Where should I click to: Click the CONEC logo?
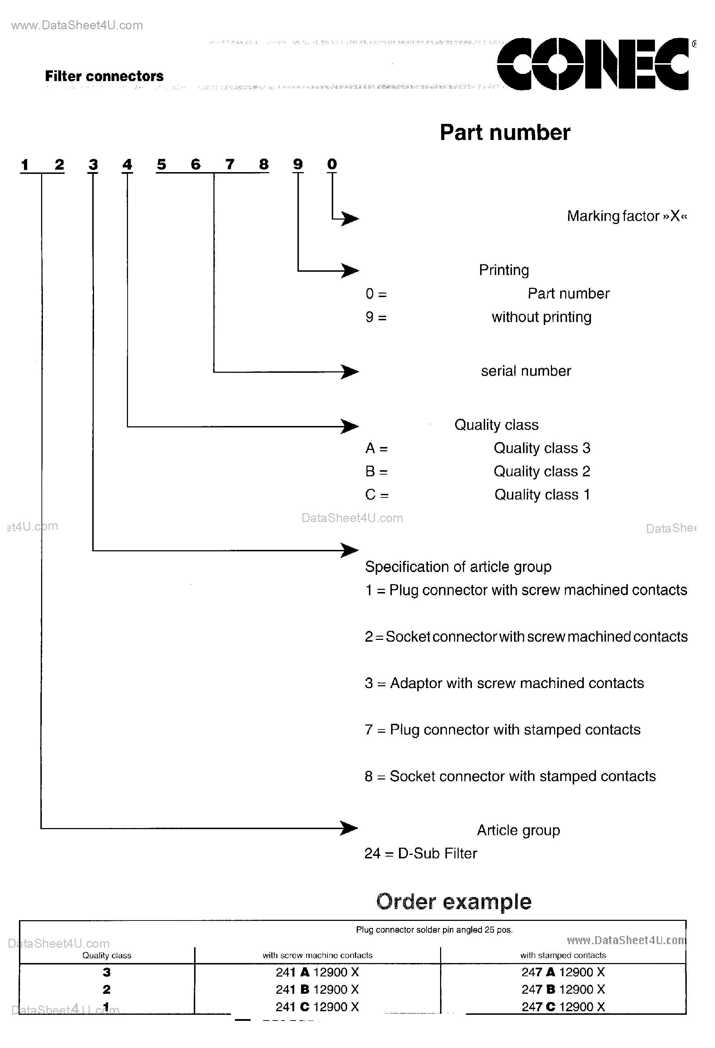tap(593, 64)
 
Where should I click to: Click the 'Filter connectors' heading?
tap(104, 76)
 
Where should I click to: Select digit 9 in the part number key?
tap(298, 164)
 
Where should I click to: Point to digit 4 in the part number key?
tap(127, 165)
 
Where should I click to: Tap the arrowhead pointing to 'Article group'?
tap(349, 828)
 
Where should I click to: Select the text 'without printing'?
tap(541, 317)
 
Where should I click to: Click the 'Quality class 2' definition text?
tap(542, 471)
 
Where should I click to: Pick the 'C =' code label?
tap(376, 495)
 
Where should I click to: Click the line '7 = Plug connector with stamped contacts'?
tap(502, 729)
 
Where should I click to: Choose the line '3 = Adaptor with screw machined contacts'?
tap(504, 683)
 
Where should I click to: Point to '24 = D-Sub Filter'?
tap(420, 853)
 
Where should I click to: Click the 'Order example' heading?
tap(454, 902)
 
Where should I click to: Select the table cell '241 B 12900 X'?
tap(317, 989)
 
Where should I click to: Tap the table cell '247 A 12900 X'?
tap(563, 972)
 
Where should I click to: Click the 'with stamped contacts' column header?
tap(563, 955)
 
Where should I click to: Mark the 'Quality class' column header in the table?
tap(107, 955)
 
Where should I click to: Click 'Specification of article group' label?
tap(458, 567)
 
